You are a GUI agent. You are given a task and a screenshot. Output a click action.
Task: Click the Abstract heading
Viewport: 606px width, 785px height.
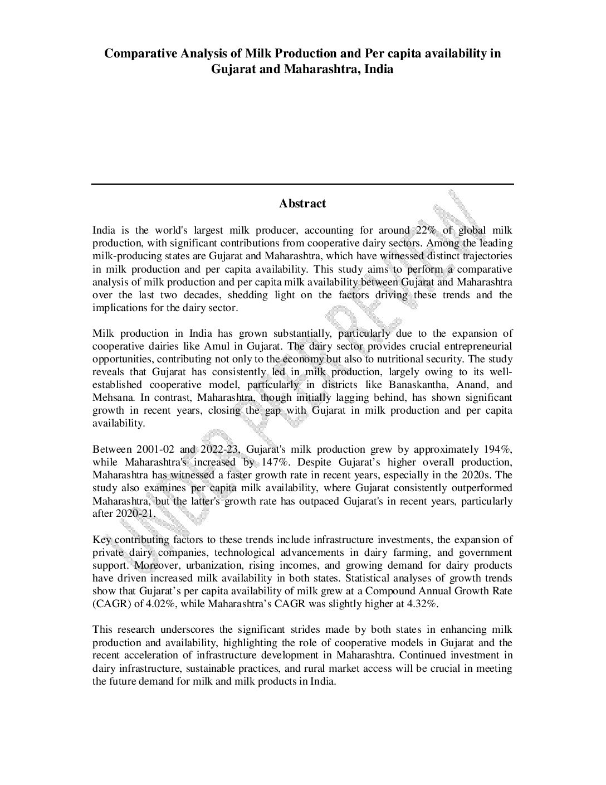pyautogui.click(x=302, y=203)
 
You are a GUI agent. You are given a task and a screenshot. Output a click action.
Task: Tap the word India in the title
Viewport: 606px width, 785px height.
pyautogui.click(x=379, y=70)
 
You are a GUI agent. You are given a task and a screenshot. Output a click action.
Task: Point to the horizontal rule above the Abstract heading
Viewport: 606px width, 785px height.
pyautogui.click(x=302, y=184)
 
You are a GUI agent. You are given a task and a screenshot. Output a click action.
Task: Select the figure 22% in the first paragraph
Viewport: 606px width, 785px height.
pyautogui.click(x=424, y=230)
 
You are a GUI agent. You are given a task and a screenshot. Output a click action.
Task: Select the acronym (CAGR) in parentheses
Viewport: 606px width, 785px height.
pyautogui.click(x=110, y=604)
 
